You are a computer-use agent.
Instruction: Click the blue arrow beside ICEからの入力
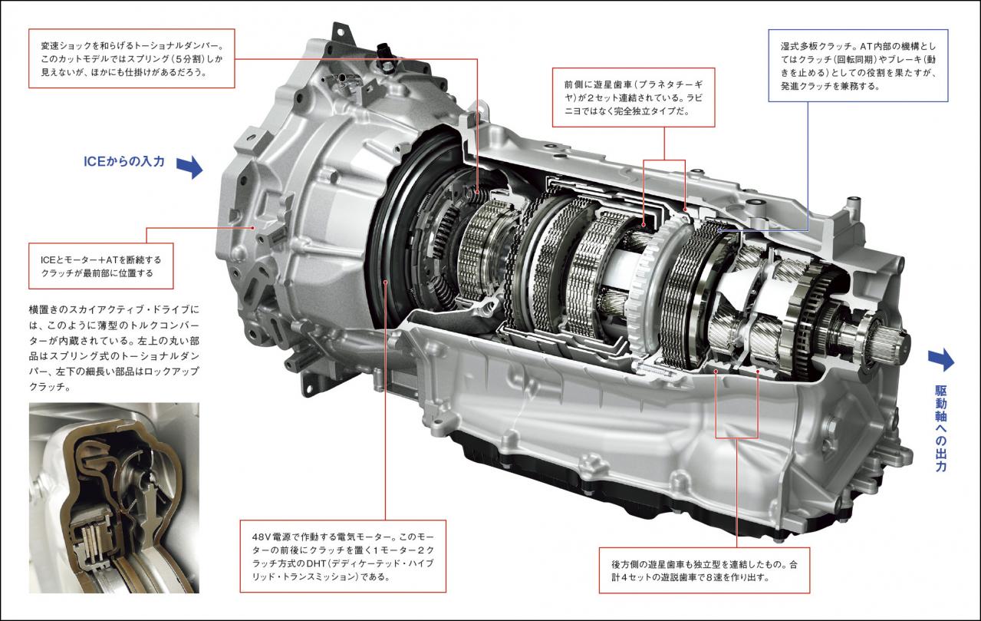click(189, 167)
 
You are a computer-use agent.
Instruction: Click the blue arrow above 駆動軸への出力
click(940, 360)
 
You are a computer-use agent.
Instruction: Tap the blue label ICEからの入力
click(124, 161)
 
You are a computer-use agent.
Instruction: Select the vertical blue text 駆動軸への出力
click(940, 428)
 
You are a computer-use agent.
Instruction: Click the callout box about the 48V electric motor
click(343, 557)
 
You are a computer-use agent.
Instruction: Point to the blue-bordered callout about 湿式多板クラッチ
click(858, 66)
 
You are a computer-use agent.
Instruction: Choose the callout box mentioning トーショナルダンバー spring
click(132, 58)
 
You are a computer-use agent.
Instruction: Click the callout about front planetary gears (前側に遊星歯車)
click(634, 97)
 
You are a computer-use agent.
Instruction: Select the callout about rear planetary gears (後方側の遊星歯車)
click(704, 570)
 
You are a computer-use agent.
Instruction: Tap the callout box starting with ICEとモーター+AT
click(101, 266)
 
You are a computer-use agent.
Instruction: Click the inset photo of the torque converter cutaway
click(114, 498)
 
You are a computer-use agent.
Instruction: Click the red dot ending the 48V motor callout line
click(385, 282)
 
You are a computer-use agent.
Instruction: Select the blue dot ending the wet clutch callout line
click(719, 230)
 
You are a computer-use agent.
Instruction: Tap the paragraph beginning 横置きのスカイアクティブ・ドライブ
click(114, 348)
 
